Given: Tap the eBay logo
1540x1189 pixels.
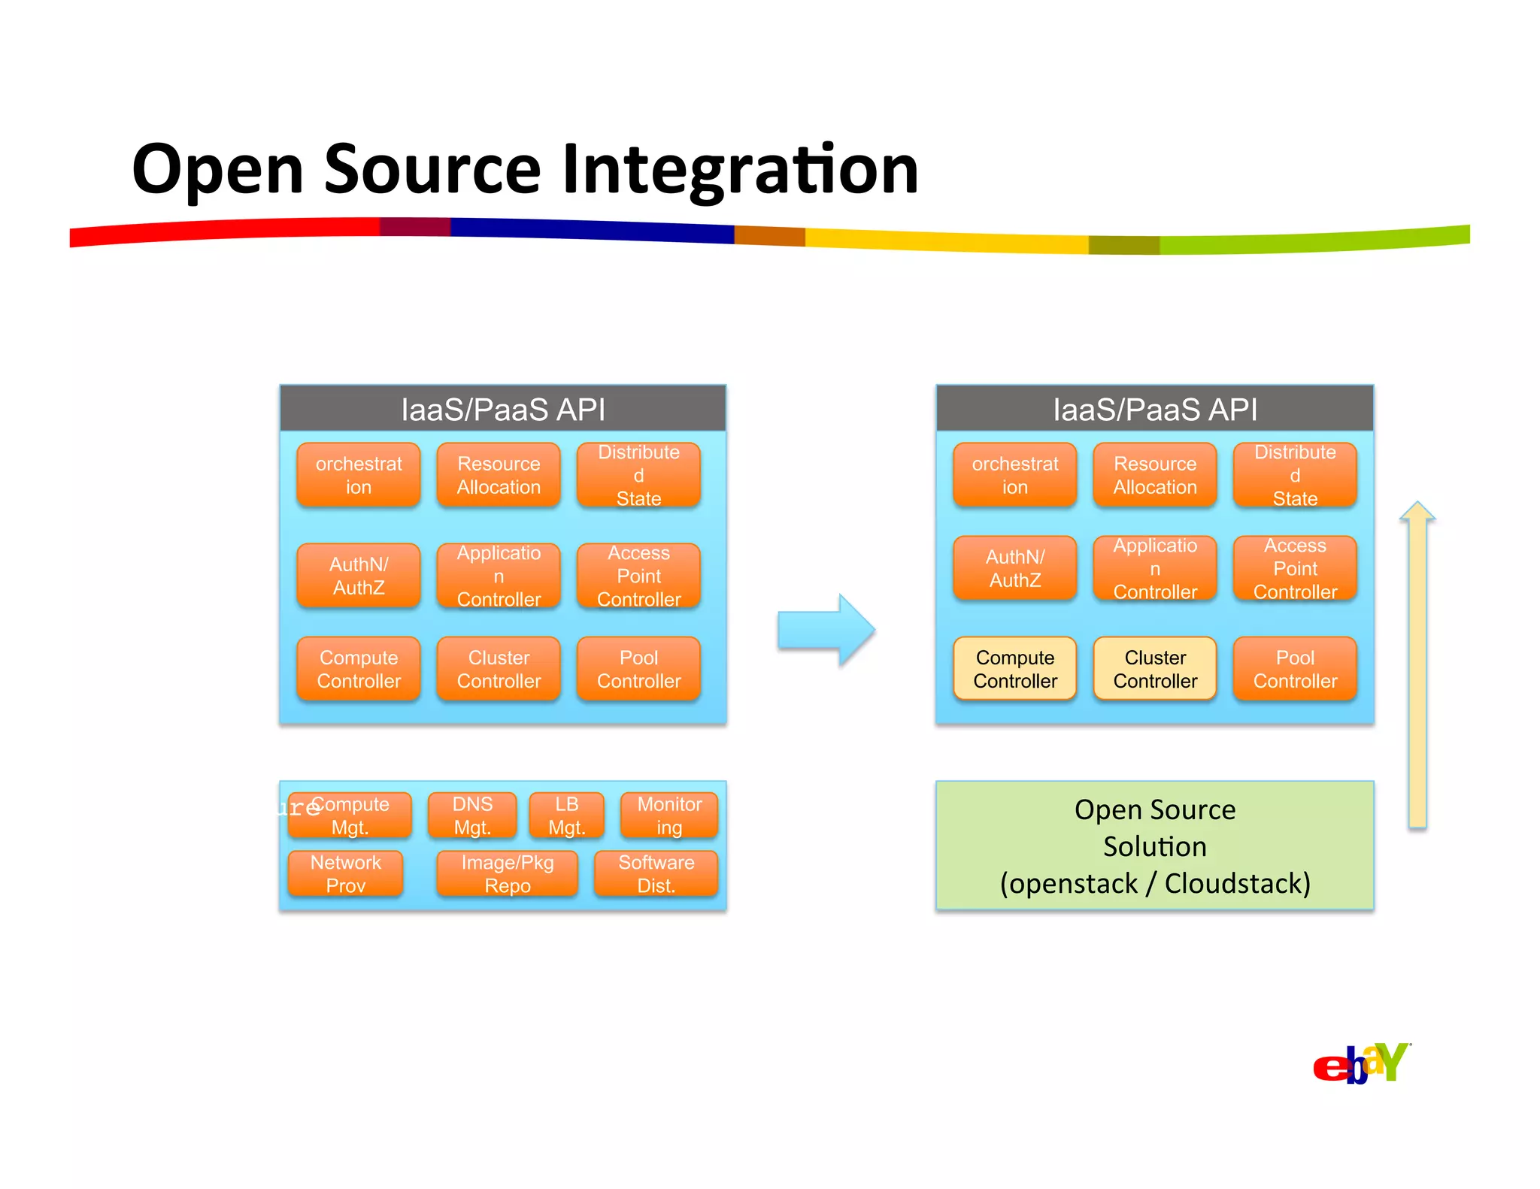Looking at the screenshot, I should [x=1360, y=1063].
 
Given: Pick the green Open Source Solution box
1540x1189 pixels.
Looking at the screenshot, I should [x=1154, y=846].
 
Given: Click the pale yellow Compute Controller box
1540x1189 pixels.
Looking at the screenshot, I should [x=1014, y=669].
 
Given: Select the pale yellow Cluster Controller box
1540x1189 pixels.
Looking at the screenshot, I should [x=1154, y=669].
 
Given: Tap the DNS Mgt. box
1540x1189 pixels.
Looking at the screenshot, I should [x=472, y=815].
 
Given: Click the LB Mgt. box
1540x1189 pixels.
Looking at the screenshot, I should [x=566, y=815].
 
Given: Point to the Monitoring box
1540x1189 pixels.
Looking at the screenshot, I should [x=669, y=815].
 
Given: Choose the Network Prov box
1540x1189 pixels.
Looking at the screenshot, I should [x=346, y=873].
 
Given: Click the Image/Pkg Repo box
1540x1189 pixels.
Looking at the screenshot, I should [x=508, y=873].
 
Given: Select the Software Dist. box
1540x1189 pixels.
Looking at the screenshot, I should [x=656, y=873].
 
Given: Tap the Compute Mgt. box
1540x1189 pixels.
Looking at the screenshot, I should [x=350, y=815].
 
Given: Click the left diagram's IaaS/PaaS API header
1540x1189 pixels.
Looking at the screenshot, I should [x=502, y=409].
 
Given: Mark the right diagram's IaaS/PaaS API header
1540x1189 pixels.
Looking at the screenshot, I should [x=1154, y=409].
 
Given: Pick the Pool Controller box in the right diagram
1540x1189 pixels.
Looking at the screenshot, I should [x=1295, y=669].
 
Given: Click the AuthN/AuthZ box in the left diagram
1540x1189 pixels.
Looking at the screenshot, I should [x=359, y=576].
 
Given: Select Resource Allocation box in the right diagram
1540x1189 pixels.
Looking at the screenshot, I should [x=1154, y=475].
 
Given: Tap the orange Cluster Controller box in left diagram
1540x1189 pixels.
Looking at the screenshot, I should [x=499, y=669].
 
